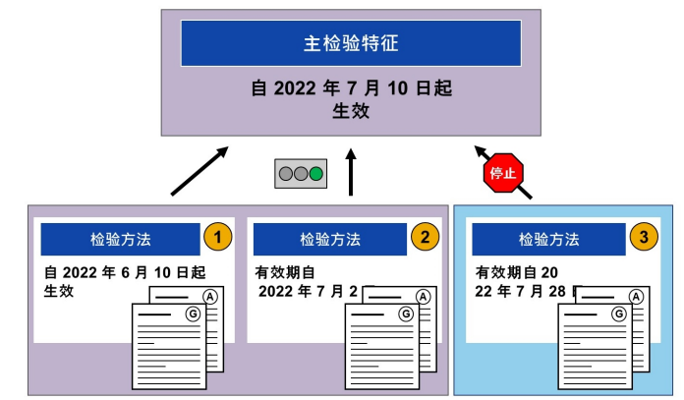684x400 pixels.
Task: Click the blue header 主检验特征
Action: (x=350, y=43)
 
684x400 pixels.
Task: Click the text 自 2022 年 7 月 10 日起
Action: (x=350, y=88)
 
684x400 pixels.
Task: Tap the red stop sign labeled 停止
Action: (x=502, y=173)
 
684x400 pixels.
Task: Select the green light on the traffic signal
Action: (x=315, y=175)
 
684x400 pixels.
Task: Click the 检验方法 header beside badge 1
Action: (x=120, y=239)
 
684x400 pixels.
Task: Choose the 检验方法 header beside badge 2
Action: (x=329, y=239)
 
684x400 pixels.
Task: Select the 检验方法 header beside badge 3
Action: (x=547, y=239)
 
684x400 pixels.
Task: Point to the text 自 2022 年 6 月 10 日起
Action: (x=125, y=271)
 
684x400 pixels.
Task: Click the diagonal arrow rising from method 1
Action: (x=199, y=172)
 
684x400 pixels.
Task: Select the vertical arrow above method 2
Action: (x=351, y=173)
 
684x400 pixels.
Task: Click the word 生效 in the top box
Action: (x=350, y=110)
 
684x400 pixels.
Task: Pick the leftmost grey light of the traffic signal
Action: (x=286, y=175)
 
